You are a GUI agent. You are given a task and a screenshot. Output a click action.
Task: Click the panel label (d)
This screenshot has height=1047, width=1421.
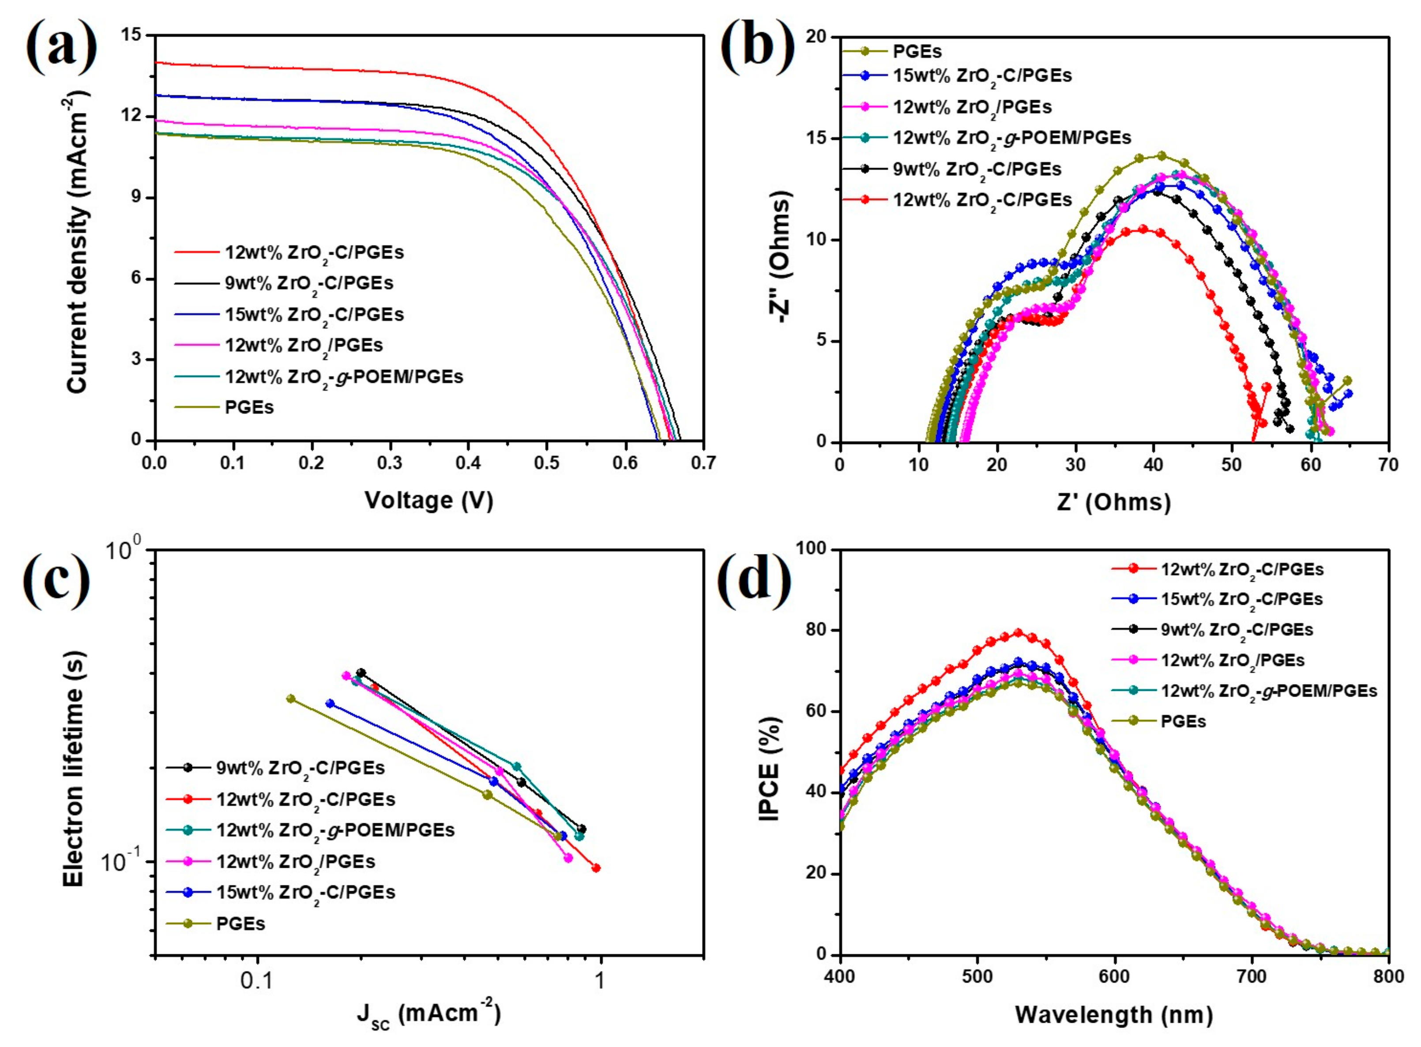coord(754,578)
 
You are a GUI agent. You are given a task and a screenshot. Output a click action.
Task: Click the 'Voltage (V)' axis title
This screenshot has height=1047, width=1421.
coord(429,501)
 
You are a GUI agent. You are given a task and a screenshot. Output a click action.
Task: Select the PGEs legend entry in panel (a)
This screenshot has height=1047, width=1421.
coord(249,407)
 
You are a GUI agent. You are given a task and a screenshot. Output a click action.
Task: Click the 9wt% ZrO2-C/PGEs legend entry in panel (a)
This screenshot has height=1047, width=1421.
coord(308,283)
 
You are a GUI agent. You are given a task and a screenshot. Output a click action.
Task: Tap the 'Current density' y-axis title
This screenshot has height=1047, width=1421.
coord(77,241)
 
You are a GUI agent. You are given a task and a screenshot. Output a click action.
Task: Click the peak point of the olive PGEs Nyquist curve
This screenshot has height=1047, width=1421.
coord(1161,155)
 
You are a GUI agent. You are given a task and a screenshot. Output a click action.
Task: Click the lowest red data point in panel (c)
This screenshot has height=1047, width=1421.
coord(595,868)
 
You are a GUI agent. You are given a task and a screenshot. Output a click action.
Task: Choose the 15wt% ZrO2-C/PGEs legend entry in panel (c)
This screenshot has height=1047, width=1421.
coord(305,893)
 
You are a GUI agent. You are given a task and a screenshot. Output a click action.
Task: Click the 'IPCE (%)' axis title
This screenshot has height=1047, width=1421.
coord(768,769)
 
